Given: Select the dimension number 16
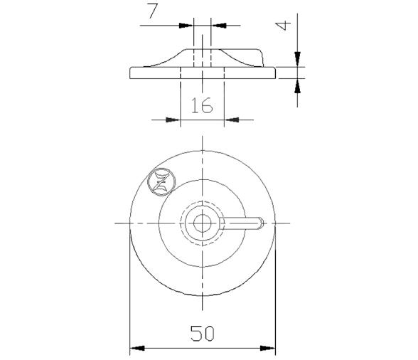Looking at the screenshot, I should point(202,106).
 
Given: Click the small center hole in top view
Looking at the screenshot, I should point(203,223).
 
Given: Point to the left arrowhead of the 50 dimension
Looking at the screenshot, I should point(135,348).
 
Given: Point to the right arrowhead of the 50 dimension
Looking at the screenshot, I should point(270,348).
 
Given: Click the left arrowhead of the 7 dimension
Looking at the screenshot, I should point(188,25).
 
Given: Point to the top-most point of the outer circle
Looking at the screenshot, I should point(203,149).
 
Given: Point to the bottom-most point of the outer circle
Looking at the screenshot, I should point(203,296).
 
